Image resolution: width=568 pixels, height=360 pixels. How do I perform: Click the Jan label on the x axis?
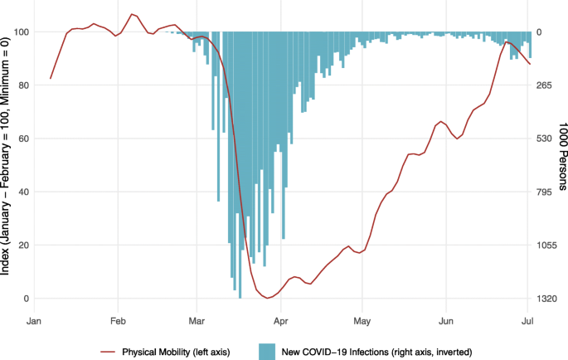[34, 319]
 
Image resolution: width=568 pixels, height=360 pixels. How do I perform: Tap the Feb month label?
[118, 319]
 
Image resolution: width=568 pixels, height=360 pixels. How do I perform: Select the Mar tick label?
[197, 319]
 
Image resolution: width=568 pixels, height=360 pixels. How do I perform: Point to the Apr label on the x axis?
[281, 319]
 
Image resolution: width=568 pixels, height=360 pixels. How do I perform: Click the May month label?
[362, 319]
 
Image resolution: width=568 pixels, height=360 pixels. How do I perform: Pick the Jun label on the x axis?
[446, 319]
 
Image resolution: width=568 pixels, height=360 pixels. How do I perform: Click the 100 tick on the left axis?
[20, 32]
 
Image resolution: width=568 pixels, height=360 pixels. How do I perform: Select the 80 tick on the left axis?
[22, 85]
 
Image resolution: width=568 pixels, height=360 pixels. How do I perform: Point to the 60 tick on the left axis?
[22, 139]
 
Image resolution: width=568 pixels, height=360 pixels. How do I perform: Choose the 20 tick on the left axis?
[22, 246]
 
